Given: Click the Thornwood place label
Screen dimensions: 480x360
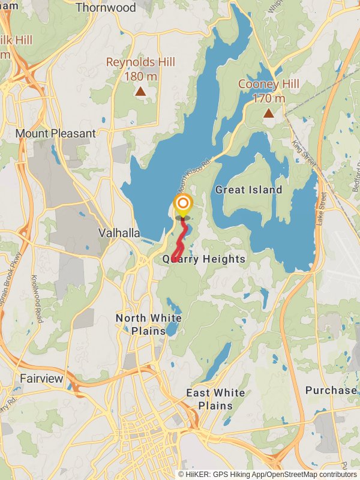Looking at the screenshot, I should point(114,8).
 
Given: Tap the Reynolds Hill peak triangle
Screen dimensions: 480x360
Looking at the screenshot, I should point(140,91).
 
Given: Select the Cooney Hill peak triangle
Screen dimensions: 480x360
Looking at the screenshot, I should point(269,112).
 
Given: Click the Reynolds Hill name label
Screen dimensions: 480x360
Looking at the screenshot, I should point(140,62).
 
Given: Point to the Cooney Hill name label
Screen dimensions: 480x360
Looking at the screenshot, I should point(268,84).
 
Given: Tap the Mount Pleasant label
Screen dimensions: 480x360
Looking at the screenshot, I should point(56,133).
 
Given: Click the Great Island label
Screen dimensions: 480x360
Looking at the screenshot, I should point(248,190).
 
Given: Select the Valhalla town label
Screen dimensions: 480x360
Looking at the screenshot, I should point(120,233).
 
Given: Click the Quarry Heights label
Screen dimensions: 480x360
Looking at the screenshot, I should point(204,259).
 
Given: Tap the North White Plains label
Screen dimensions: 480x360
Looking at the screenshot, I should point(148,324).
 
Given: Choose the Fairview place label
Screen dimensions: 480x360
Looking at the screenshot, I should point(41,379).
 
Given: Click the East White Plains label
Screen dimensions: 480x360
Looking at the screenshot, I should point(215,399).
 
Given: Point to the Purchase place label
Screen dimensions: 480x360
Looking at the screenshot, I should point(331,390).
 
